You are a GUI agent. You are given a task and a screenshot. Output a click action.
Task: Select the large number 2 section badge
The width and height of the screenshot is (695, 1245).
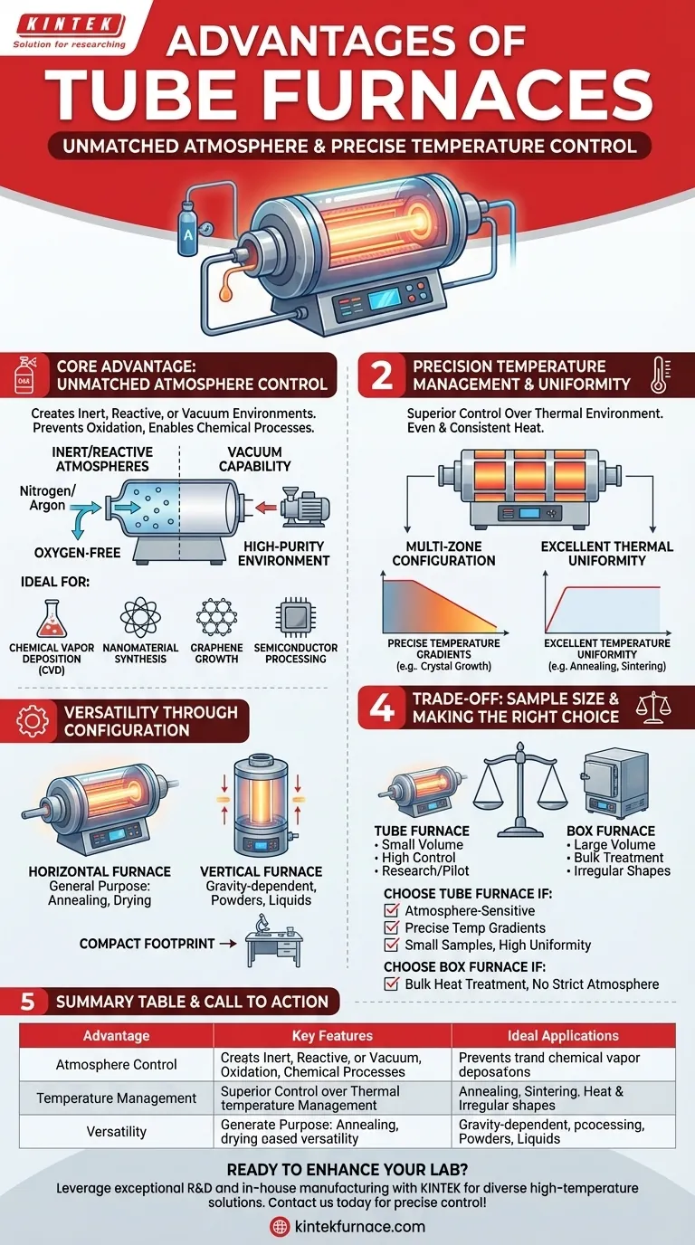point(382,375)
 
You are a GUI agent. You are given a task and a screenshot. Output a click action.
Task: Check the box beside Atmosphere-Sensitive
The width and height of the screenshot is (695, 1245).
point(391,911)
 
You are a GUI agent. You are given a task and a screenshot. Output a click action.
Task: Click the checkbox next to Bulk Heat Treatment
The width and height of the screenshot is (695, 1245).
point(391,984)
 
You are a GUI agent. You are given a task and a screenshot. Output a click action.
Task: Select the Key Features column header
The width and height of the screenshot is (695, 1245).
point(332,1035)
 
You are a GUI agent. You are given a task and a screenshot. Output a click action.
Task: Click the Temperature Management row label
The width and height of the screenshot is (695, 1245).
point(116,1098)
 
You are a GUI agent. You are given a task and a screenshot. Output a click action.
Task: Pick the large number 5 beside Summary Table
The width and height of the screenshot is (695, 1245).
point(28,1002)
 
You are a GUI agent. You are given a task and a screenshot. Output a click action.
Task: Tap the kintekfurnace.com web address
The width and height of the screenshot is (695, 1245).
point(358,1226)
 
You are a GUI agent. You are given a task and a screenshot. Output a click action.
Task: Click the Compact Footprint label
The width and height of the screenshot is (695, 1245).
point(147,943)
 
